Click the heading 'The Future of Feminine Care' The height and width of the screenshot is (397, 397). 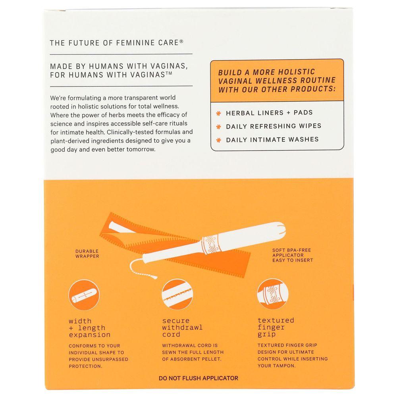tap(116, 43)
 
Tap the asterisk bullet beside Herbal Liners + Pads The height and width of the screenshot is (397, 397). tap(218, 113)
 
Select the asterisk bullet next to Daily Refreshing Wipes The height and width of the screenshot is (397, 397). tap(218, 127)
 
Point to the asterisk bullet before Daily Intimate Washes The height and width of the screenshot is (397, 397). tap(218, 140)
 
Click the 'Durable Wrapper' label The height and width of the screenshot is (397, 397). tap(87, 254)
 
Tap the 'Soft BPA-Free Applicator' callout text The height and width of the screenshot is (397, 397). tap(293, 255)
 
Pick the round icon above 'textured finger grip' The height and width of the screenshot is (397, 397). tap(273, 294)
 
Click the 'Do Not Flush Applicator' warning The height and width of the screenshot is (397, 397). tap(198, 378)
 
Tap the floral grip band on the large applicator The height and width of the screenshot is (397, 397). tap(212, 244)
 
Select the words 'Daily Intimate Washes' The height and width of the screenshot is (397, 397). tap(272, 139)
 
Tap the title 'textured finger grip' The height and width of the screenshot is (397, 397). tap(276, 327)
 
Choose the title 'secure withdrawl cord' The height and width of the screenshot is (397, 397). tap(182, 328)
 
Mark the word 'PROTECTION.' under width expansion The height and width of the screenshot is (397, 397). tap(85, 366)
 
